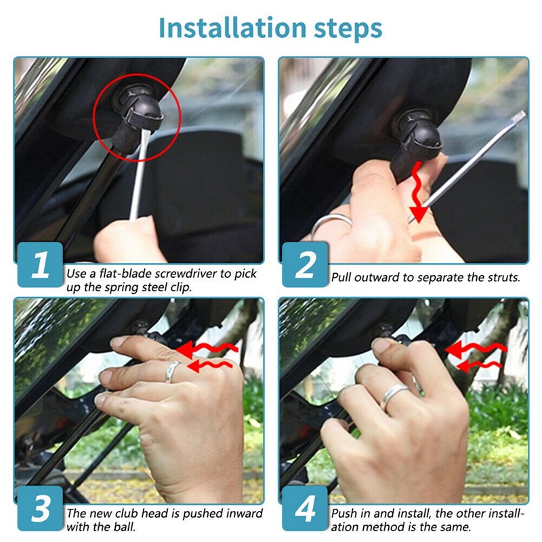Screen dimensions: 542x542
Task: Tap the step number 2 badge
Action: pyautogui.click(x=305, y=265)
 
